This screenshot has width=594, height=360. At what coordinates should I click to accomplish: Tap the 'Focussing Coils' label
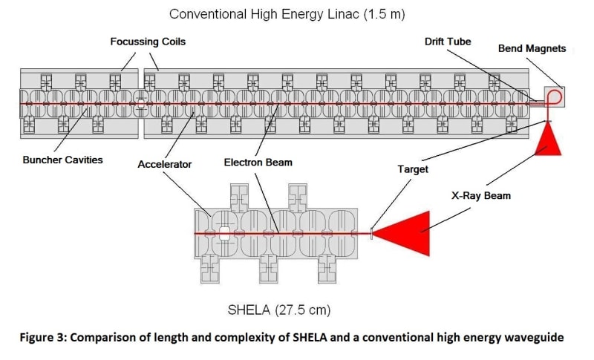point(148,42)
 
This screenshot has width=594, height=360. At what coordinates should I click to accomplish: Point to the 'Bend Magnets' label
point(532,49)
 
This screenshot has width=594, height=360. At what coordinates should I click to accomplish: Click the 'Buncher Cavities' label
point(63,160)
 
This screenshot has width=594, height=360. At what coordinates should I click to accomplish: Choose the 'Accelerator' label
point(165,165)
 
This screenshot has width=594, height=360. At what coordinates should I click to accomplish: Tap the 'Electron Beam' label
point(258,162)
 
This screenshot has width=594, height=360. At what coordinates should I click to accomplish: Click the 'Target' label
point(414,169)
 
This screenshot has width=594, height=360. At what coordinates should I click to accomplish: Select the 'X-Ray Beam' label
point(481,196)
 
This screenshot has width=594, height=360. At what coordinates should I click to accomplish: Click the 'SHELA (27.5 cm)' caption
point(280,309)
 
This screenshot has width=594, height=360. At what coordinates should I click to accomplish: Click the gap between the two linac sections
point(140,103)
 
